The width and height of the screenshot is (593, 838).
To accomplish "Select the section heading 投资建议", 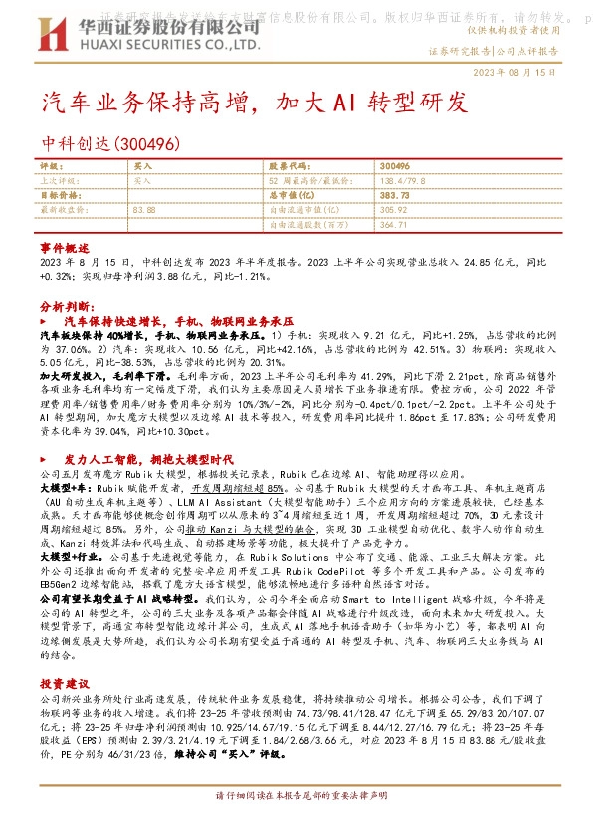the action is point(65,684).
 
